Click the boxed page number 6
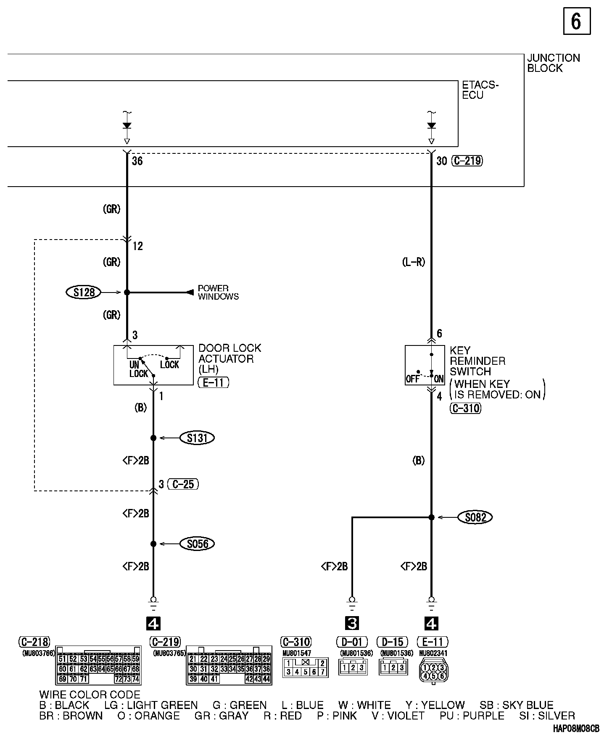pyautogui.click(x=576, y=21)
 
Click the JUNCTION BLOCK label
pyautogui.click(x=553, y=63)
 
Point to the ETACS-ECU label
pyautogui.click(x=480, y=90)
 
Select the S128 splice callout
pyautogui.click(x=84, y=292)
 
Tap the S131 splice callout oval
pyautogui.click(x=197, y=438)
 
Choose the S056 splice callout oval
pyautogui.click(x=197, y=544)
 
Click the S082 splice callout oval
pyautogui.click(x=475, y=517)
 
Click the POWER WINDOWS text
pyautogui.click(x=218, y=293)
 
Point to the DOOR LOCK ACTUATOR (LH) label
pyautogui.click(x=229, y=358)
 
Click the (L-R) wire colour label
pyautogui.click(x=414, y=262)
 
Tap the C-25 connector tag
pyautogui.click(x=183, y=484)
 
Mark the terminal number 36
pyautogui.click(x=137, y=161)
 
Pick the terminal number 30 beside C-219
pyautogui.click(x=441, y=161)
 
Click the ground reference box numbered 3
pyautogui.click(x=352, y=623)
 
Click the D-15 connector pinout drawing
pyautogui.click(x=393, y=667)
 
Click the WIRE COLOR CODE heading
pyautogui.click(x=90, y=695)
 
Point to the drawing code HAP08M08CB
pyautogui.click(x=576, y=729)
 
